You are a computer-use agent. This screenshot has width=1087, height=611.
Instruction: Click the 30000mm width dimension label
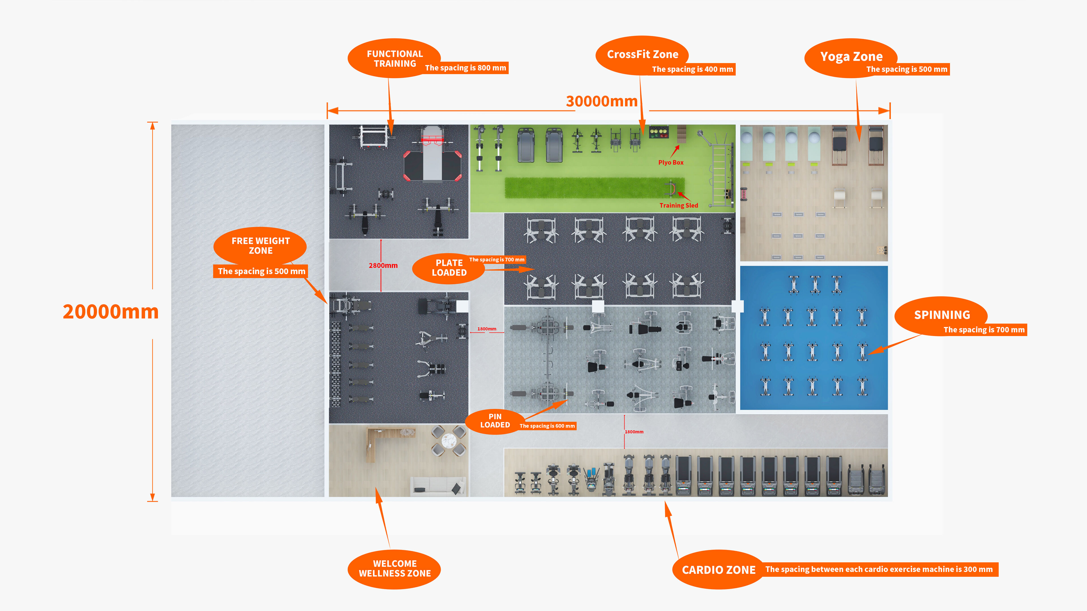pyautogui.click(x=601, y=102)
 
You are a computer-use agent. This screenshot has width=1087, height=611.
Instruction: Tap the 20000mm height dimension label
pyautogui.click(x=111, y=312)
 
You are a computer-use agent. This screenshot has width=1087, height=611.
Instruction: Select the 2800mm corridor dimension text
pyautogui.click(x=383, y=265)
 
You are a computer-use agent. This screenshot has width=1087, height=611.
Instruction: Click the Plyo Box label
pyautogui.click(x=671, y=162)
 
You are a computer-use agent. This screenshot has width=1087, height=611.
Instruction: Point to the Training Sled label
pyautogui.click(x=679, y=205)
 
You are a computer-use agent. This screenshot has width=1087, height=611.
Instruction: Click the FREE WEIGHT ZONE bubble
pyautogui.click(x=260, y=246)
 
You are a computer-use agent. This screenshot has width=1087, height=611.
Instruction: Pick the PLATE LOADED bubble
pyautogui.click(x=449, y=268)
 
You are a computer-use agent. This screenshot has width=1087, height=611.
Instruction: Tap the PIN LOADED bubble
pyautogui.click(x=495, y=421)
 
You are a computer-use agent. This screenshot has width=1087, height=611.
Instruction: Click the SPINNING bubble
pyautogui.click(x=942, y=315)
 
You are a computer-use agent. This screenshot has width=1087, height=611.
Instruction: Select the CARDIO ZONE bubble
pyautogui.click(x=718, y=570)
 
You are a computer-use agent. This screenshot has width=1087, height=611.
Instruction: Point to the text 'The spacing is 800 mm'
pyautogui.click(x=465, y=68)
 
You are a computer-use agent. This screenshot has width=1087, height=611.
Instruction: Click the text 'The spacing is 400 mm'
pyautogui.click(x=692, y=69)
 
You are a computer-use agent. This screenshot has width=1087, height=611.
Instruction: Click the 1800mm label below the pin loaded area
pyautogui.click(x=634, y=432)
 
